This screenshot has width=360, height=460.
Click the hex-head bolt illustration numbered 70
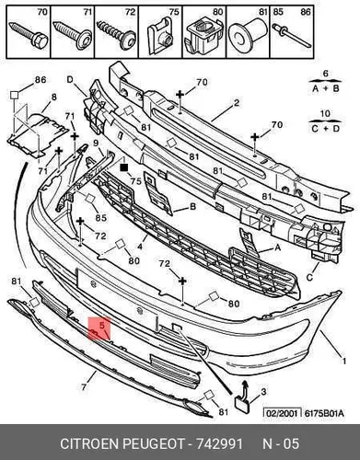point(29,35)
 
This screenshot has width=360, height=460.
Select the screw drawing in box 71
point(73,35)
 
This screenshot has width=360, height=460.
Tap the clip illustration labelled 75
point(160,36)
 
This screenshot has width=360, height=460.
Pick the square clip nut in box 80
point(204,36)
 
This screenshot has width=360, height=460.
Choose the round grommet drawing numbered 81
point(249,36)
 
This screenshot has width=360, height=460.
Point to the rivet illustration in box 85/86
point(292,35)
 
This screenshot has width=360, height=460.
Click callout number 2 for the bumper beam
point(236,103)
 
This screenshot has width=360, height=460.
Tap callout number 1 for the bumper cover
point(344,361)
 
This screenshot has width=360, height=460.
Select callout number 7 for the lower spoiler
point(84,387)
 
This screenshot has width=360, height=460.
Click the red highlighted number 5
point(102,325)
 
